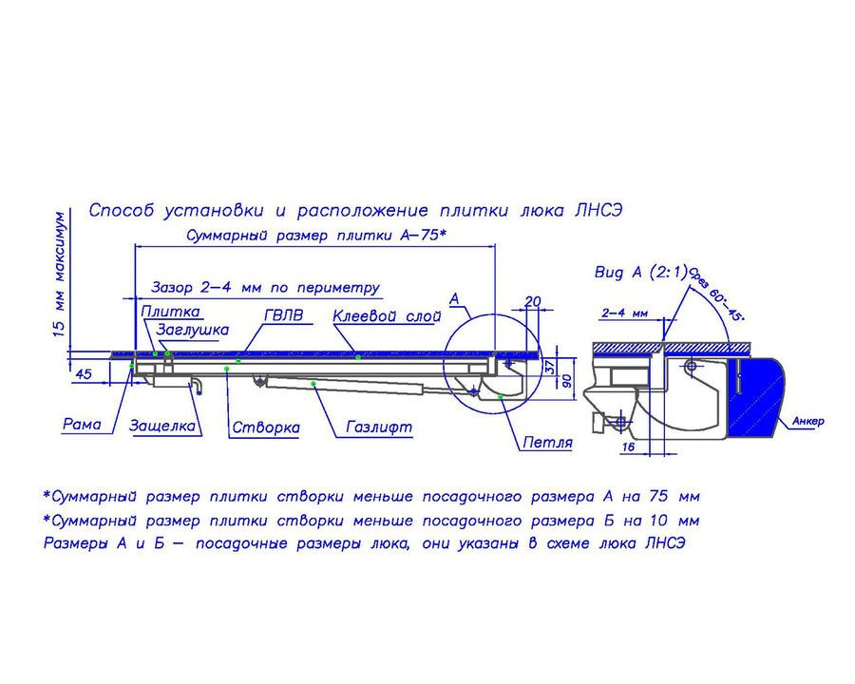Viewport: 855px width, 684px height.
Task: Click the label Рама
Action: pyautogui.click(x=82, y=424)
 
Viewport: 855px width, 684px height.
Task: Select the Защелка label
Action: pyautogui.click(x=161, y=425)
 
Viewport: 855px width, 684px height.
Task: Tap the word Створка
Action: pyautogui.click(x=266, y=427)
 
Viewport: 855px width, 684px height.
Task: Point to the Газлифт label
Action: pyautogui.click(x=379, y=427)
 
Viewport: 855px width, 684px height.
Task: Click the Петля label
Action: pyautogui.click(x=547, y=442)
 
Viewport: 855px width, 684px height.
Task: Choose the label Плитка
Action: pyautogui.click(x=171, y=312)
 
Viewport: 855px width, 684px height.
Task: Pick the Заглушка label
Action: pyautogui.click(x=193, y=330)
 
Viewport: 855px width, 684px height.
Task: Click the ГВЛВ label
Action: pyautogui.click(x=283, y=315)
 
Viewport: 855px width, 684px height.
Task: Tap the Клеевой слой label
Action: pyautogui.click(x=387, y=315)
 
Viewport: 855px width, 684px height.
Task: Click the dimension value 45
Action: pyautogui.click(x=83, y=374)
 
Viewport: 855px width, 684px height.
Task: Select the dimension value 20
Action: pyautogui.click(x=533, y=301)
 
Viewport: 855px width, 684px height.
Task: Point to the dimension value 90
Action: pyautogui.click(x=567, y=380)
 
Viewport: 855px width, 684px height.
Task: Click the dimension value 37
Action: pyautogui.click(x=550, y=366)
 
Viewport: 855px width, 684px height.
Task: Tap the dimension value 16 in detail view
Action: pyautogui.click(x=628, y=446)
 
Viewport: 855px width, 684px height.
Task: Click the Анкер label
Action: pyautogui.click(x=808, y=421)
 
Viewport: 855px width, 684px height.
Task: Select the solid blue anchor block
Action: pyautogui.click(x=758, y=396)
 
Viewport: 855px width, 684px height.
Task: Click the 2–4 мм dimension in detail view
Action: pyautogui.click(x=625, y=313)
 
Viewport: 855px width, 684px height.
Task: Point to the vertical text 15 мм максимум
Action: pyautogui.click(x=60, y=274)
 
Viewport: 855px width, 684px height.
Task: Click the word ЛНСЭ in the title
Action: pyautogui.click(x=598, y=210)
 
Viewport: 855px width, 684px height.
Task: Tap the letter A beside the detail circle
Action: pyautogui.click(x=454, y=299)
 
